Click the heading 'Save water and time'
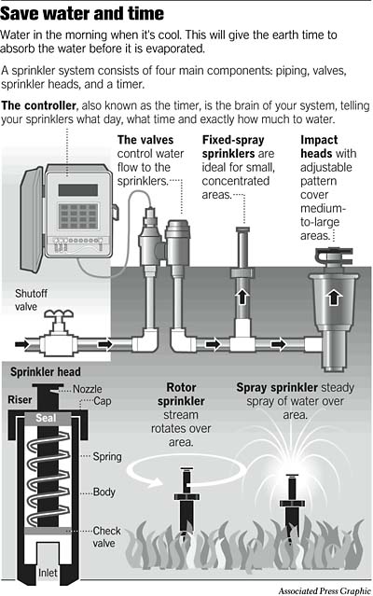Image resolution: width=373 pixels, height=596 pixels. coord(83,14)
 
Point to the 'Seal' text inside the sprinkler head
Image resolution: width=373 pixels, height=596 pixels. coord(47,419)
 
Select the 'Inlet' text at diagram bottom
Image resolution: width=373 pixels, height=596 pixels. coord(47,573)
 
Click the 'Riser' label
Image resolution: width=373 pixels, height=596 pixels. coord(21,401)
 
